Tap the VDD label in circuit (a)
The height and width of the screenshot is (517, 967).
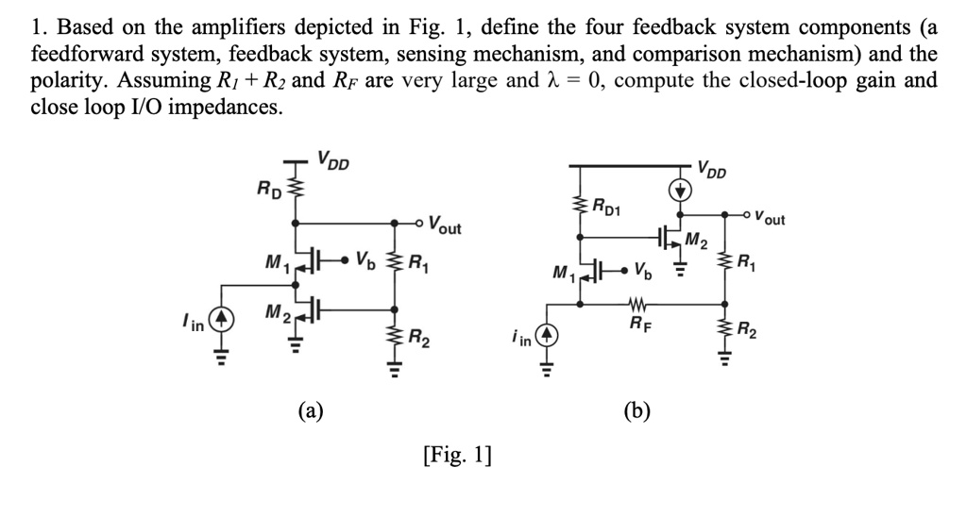click(x=332, y=159)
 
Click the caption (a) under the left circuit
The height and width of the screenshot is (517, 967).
click(x=311, y=409)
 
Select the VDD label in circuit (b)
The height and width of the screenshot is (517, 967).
click(x=713, y=170)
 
